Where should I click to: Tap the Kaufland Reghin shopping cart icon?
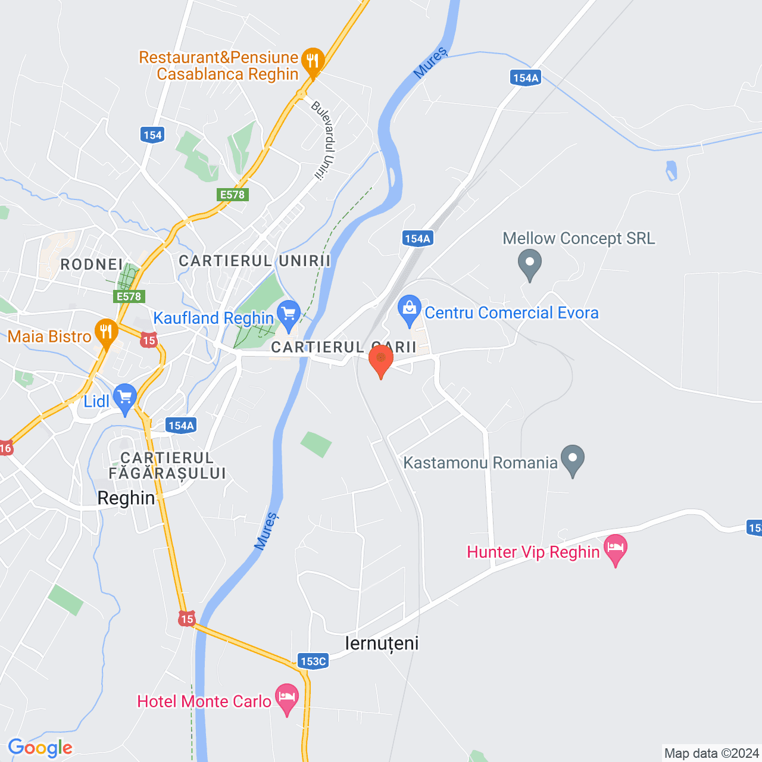(x=289, y=314)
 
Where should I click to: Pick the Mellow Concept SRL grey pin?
(x=529, y=263)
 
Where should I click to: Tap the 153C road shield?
(x=313, y=661)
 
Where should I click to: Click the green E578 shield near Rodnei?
(x=129, y=296)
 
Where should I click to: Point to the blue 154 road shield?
(x=152, y=135)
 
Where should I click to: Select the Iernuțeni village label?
(x=382, y=644)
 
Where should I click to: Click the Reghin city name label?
(x=126, y=498)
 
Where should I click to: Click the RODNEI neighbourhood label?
(x=92, y=264)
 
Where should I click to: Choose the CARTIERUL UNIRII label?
(x=255, y=261)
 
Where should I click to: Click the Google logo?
(x=40, y=748)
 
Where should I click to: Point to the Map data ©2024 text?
(x=711, y=754)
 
